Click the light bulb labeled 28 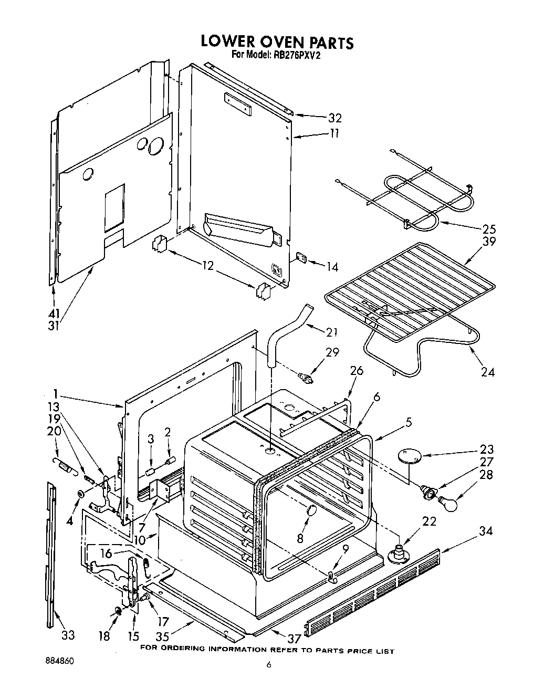pos(448,503)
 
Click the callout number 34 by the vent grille pos(486,531)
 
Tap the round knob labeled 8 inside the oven pos(311,511)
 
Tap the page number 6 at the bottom pos(269,664)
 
